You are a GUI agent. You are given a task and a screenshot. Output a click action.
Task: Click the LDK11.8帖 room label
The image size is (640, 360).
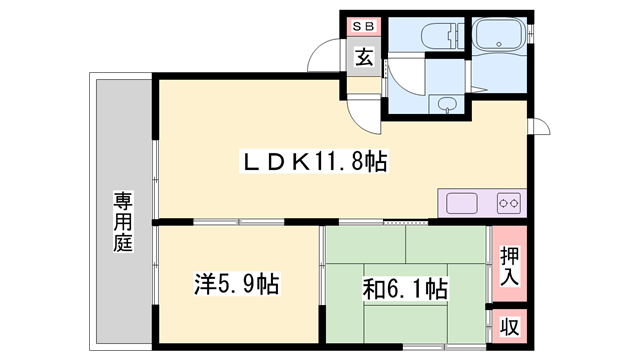click(314, 162)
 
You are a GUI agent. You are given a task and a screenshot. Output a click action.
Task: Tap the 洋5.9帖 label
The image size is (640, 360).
click(237, 284)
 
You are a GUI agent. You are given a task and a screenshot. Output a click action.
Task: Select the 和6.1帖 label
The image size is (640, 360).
click(405, 289)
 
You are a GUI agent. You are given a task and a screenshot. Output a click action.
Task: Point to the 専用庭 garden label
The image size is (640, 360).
click(123, 222)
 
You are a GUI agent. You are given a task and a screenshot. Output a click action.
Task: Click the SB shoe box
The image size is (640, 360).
click(363, 27)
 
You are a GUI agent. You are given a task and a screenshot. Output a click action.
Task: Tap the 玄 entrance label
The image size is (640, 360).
click(364, 57)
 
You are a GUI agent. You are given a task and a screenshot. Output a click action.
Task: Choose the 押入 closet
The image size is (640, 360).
click(509, 264)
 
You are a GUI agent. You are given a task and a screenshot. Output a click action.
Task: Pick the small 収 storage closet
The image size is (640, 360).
click(510, 327)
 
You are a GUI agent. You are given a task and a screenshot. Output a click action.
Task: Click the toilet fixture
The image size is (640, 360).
click(442, 36)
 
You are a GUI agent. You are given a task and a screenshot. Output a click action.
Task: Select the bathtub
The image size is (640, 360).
click(498, 34)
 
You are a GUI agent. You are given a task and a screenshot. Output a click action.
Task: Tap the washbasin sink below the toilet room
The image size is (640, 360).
click(446, 105)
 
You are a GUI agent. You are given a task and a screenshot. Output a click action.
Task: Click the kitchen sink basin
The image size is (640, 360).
click(462, 203)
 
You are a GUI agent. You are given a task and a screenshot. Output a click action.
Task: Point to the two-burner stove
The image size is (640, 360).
click(509, 203)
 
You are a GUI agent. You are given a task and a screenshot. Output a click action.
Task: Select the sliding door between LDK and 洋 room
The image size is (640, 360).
click(239, 222)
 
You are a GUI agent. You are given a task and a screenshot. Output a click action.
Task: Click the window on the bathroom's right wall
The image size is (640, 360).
click(531, 34)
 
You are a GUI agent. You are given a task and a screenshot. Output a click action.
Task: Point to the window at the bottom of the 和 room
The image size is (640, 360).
click(444, 347)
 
